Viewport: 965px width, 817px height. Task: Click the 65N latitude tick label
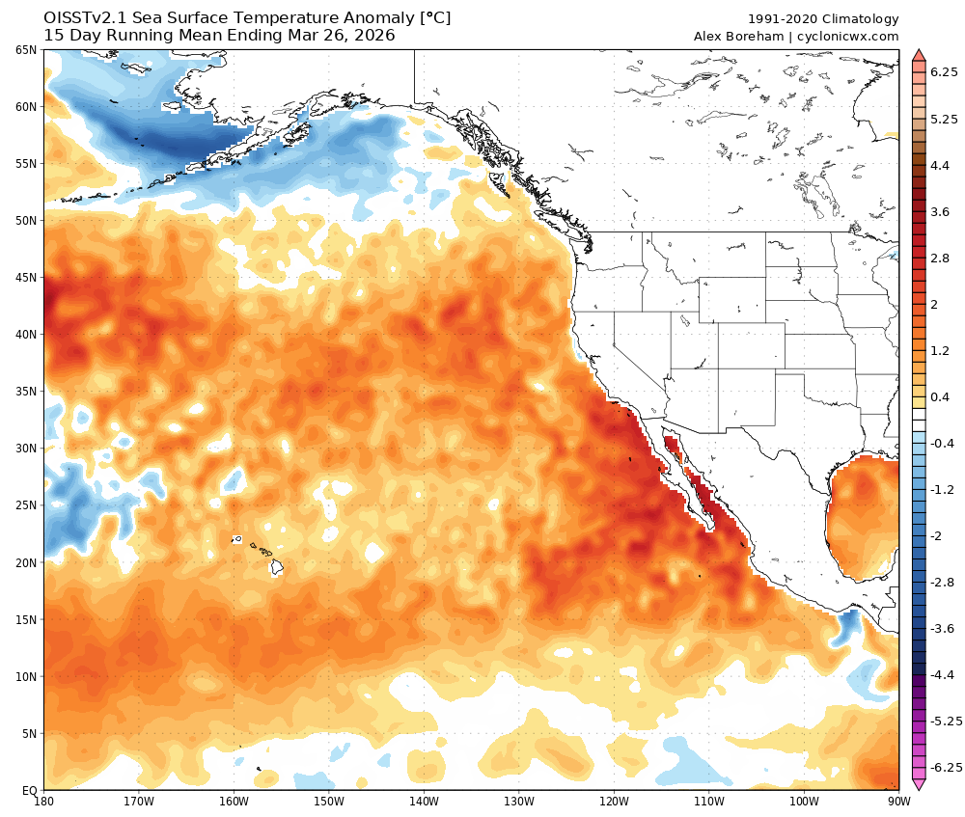(x=26, y=49)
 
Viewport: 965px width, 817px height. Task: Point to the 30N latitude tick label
(x=26, y=449)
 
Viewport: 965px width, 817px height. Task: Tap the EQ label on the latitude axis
(x=29, y=791)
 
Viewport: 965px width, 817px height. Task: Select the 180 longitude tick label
(x=43, y=801)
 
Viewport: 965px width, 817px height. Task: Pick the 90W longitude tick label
(x=898, y=801)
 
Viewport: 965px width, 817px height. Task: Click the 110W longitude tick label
(x=708, y=801)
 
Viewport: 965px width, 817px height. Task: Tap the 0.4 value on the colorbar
(x=940, y=397)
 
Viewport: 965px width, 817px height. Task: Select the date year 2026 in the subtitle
(x=373, y=37)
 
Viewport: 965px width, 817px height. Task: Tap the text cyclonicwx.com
(x=847, y=37)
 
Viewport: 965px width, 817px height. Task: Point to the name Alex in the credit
(x=709, y=37)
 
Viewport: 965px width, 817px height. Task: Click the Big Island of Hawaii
(x=276, y=567)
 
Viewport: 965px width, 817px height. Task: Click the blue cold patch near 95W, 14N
(x=848, y=625)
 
